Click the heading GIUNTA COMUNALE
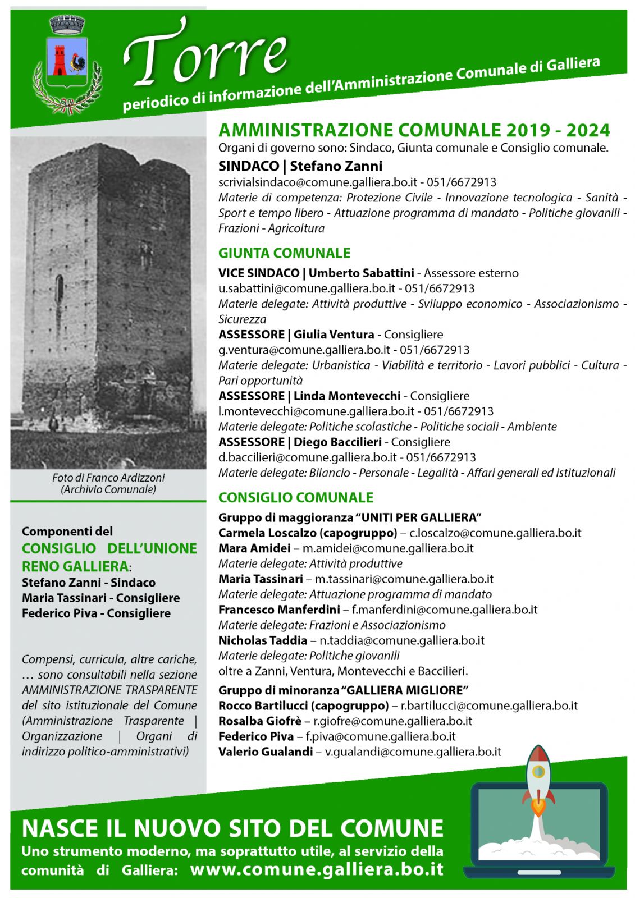tap(284, 253)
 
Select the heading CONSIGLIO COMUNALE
tap(295, 497)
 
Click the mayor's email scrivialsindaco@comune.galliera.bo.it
tap(317, 182)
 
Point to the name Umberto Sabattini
tap(361, 273)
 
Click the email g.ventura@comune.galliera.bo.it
tap(304, 350)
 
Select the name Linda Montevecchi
tap(346, 396)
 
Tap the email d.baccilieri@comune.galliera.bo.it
tap(307, 457)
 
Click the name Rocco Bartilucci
tap(263, 705)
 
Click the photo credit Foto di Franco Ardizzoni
tap(108, 478)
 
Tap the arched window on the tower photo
tap(59, 287)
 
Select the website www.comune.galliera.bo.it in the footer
tap(317, 869)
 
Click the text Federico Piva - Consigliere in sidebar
tap(96, 613)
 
